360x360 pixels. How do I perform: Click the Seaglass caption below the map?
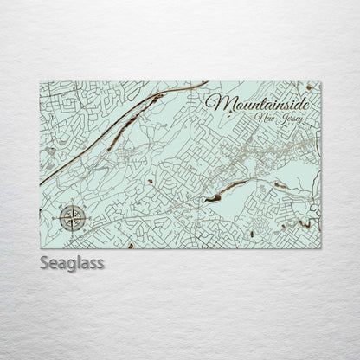(72, 262)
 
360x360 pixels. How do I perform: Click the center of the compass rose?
(74, 217)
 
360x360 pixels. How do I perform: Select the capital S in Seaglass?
(45, 262)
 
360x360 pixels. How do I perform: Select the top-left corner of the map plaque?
(41, 82)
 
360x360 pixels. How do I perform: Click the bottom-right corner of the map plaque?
(320, 247)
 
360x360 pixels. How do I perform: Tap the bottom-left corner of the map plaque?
(41, 247)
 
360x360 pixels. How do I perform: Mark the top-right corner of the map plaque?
(320, 82)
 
